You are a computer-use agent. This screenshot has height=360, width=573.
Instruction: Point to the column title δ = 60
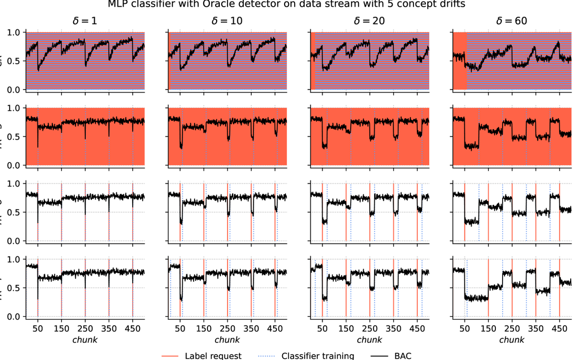coord(512,21)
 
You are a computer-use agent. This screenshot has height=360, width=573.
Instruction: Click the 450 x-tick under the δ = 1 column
coord(133,329)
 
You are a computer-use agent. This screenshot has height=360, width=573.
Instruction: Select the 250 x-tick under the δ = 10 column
coord(227,329)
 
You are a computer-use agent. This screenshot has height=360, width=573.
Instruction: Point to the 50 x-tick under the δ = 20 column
coord(322,329)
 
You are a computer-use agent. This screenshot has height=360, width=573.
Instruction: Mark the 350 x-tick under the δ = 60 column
coord(536,329)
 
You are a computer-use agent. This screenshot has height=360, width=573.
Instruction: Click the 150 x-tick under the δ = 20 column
coord(346,329)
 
